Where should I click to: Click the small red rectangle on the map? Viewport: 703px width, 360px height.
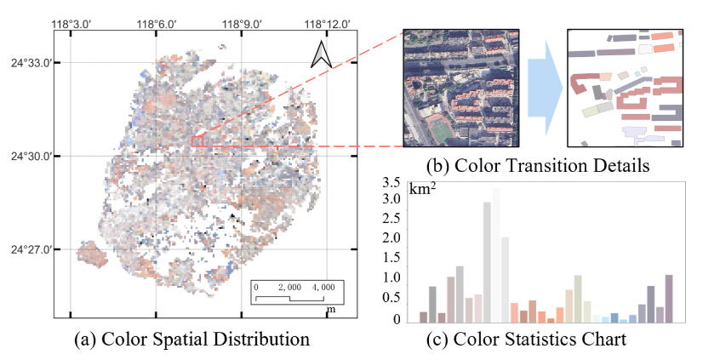(197, 140)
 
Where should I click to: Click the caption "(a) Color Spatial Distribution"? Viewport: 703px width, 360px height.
(191, 339)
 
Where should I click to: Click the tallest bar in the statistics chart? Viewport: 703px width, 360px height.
(496, 255)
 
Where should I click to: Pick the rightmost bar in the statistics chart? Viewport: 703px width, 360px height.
(669, 299)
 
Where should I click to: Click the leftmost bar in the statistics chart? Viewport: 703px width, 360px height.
(423, 317)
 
